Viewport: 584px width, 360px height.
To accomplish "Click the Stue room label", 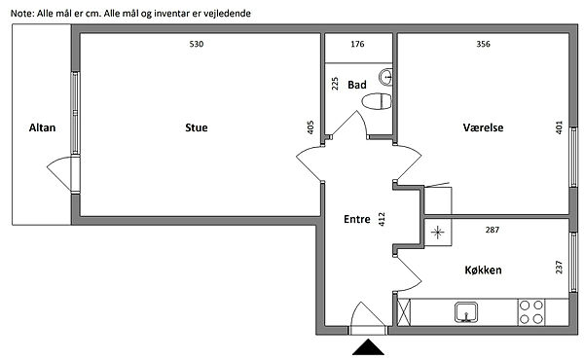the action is (197, 127).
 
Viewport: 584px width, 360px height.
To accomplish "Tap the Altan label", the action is (42, 127).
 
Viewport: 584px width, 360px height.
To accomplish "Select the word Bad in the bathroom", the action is (357, 85).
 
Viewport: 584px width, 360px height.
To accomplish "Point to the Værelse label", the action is (483, 127).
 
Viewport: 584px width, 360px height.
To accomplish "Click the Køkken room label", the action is (483, 270).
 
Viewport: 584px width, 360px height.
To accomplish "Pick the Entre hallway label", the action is (357, 219).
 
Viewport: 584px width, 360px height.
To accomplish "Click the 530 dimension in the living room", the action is (197, 44).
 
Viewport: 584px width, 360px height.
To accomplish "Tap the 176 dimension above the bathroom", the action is (357, 44).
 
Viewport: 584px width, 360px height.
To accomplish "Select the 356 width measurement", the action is (483, 44).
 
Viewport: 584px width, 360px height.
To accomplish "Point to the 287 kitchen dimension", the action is (492, 230).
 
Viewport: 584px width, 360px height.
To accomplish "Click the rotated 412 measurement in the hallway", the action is (382, 219).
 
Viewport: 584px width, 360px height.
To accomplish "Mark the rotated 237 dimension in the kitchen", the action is (559, 268).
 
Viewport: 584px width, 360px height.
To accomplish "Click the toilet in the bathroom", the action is (377, 101).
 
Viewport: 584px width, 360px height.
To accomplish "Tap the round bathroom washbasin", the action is (385, 78).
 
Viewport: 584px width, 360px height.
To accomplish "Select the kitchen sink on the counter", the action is (466, 312).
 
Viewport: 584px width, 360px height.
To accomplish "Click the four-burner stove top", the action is (531, 312).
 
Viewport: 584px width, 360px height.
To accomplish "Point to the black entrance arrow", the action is (368, 347).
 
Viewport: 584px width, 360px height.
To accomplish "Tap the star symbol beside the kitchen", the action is (438, 233).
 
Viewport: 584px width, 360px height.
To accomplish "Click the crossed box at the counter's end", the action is (404, 312).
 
